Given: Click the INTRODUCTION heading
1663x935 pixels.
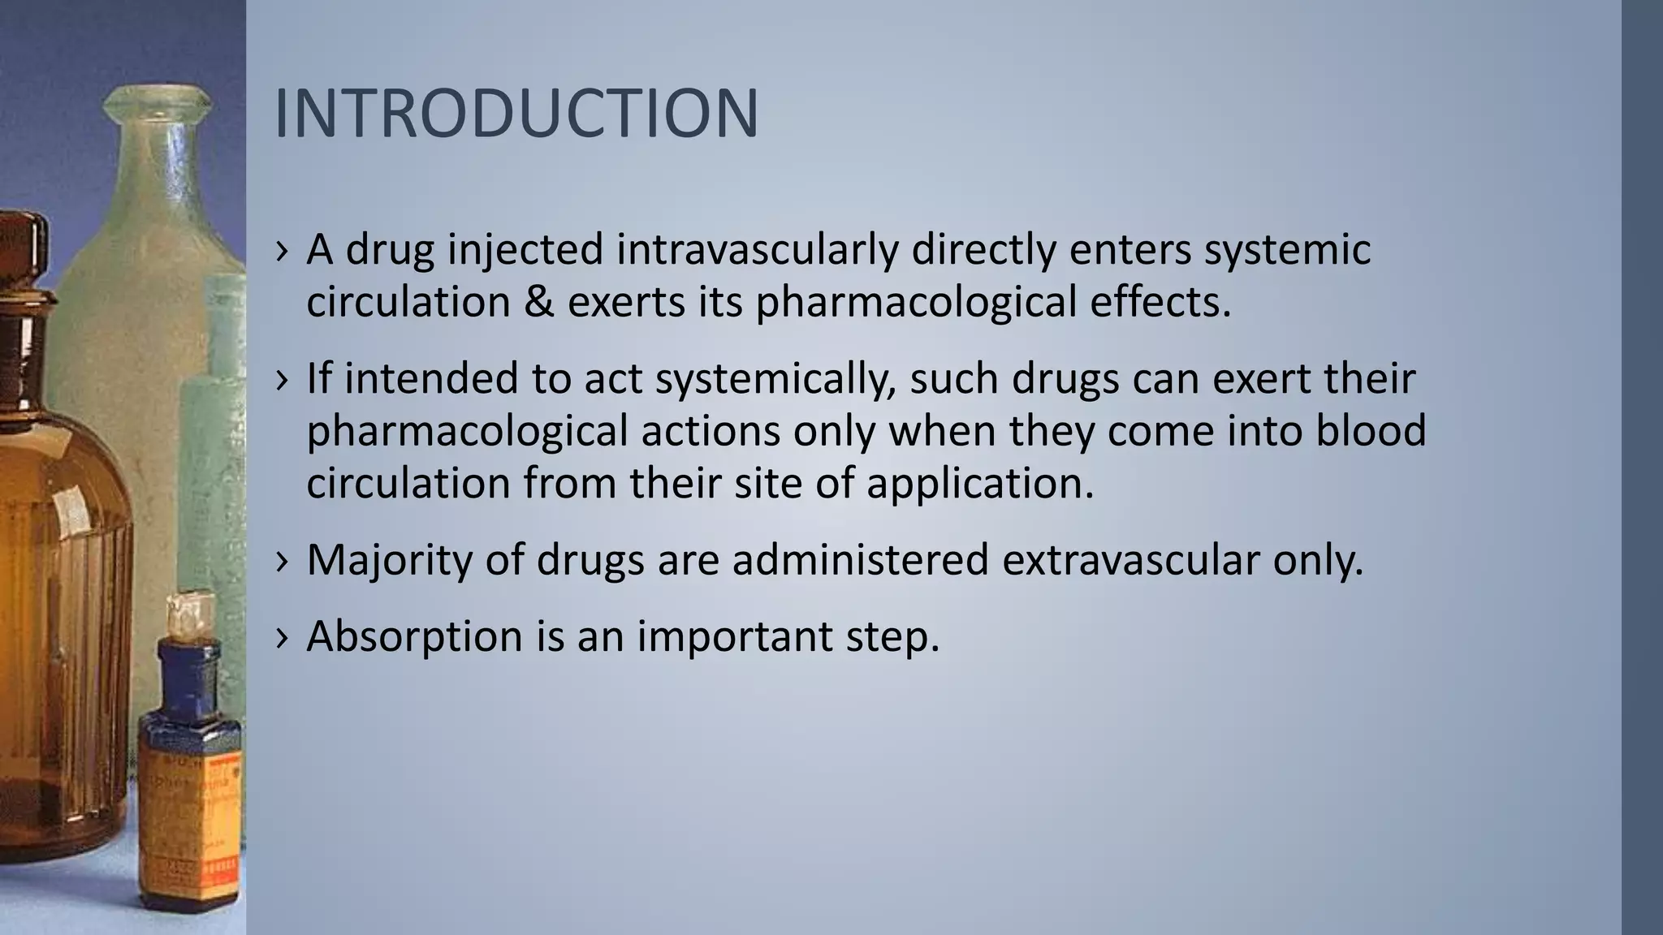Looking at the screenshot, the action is point(516,114).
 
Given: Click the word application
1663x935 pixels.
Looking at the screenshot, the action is point(980,484).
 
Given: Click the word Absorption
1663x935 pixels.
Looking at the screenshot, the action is point(414,636).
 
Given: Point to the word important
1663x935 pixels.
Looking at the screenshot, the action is point(735,637).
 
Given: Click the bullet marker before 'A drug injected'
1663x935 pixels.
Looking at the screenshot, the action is point(282,252).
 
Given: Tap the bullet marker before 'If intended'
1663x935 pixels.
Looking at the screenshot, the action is point(282,380).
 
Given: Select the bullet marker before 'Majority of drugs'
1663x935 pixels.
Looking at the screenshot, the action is point(282,561).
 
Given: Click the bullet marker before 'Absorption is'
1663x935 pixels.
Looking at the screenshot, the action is point(282,637).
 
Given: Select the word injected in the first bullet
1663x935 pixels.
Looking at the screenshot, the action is point(525,250).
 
